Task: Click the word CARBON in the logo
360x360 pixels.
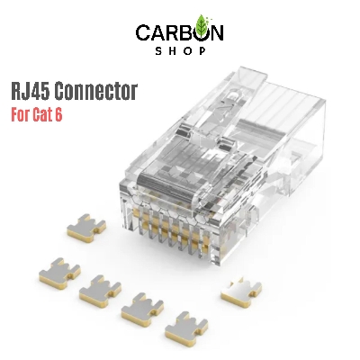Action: (x=179, y=33)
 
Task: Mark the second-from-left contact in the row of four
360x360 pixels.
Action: (x=100, y=290)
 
